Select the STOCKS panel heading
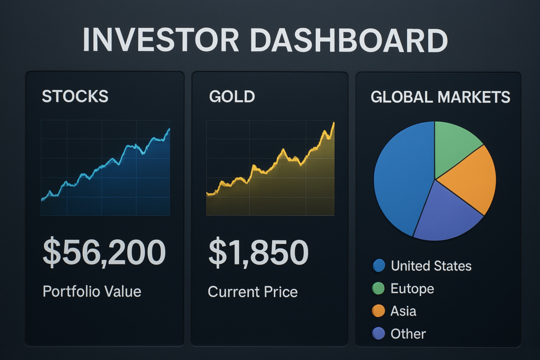[x=75, y=96]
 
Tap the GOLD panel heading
[x=232, y=96]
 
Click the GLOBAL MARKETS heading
[x=440, y=96]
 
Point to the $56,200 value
[x=104, y=252]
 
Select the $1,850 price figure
[x=258, y=252]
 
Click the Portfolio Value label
[x=92, y=291]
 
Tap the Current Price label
[x=253, y=291]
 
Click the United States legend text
[x=431, y=266]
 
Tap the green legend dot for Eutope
[x=379, y=288]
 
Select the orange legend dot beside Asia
[x=379, y=311]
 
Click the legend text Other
[x=408, y=334]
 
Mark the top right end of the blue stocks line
[x=169, y=129]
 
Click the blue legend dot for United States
[x=379, y=266]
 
